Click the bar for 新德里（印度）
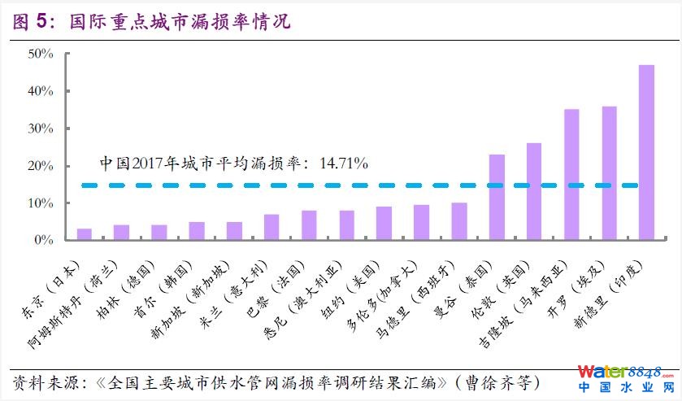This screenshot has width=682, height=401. pos(646,152)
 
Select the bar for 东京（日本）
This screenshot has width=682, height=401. pos(84,234)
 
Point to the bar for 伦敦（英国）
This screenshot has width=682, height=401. pos(534,191)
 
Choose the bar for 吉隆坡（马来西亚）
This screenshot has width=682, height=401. pos(571,174)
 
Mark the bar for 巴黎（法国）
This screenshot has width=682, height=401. pos(309,225)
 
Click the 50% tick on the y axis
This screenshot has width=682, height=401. pos(41,54)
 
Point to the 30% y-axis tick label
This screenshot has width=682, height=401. pos(41,129)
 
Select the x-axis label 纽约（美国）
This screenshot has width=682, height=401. pos(345,297)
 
